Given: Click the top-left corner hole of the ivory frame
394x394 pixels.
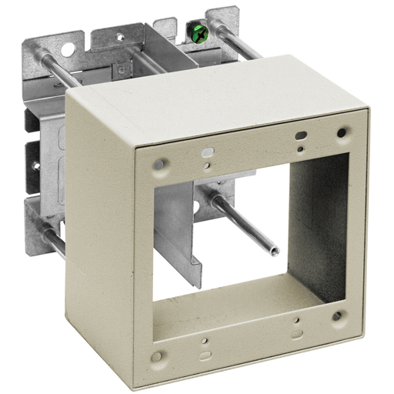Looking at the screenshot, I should click(x=161, y=164).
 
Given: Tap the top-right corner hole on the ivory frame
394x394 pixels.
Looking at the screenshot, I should click(x=339, y=134).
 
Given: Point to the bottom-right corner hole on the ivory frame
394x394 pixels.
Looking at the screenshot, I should click(x=337, y=315).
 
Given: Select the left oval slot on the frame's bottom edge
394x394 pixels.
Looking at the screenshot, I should click(x=204, y=355).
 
